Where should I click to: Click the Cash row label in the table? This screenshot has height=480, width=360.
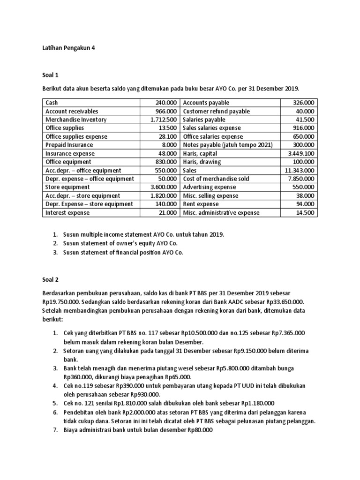pyautogui.click(x=52, y=103)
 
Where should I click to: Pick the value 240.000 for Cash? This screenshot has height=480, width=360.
pyautogui.click(x=166, y=103)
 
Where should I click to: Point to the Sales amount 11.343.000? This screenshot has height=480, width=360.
pyautogui.click(x=299, y=171)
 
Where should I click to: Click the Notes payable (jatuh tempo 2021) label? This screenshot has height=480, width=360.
pyautogui.click(x=228, y=145)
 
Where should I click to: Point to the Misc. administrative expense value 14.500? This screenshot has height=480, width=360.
pyautogui.click(x=306, y=213)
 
